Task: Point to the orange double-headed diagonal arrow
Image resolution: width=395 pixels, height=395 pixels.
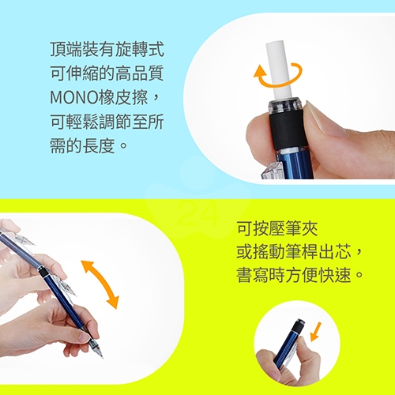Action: pyautogui.click(x=100, y=284)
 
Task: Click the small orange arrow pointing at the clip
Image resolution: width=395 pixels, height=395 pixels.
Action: pyautogui.click(x=316, y=331)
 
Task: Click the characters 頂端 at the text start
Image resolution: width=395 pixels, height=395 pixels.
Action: pyautogui.click(x=66, y=49)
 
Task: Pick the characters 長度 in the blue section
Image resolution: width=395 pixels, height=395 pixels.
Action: pyautogui.click(x=99, y=145)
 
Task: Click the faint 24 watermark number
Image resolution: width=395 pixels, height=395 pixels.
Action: pyautogui.click(x=198, y=214)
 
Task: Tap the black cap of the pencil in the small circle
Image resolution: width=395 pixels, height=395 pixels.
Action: pyautogui.click(x=299, y=326)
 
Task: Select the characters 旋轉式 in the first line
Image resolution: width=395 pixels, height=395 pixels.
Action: pyautogui.click(x=140, y=49)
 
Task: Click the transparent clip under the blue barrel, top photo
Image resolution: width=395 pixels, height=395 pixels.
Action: pyautogui.click(x=271, y=171)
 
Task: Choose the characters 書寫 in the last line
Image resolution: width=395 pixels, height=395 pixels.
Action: pyautogui.click(x=252, y=275)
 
